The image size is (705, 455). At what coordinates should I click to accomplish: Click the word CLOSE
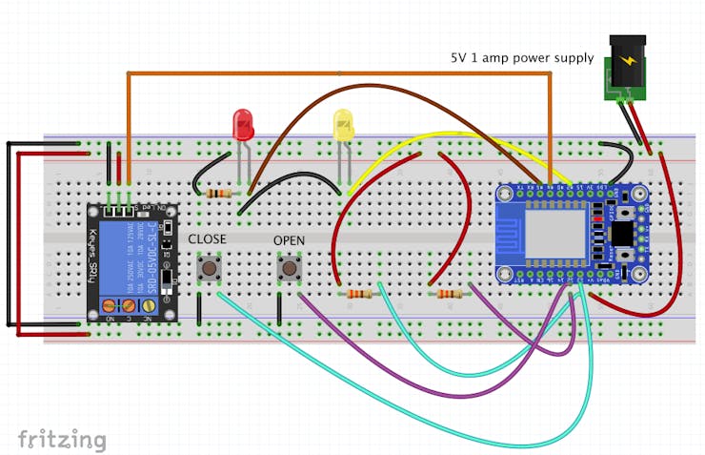[207, 238]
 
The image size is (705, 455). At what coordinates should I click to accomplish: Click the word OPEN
[289, 240]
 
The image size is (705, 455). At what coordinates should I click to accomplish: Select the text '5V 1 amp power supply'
[522, 58]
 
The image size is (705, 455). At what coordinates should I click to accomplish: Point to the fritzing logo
[61, 439]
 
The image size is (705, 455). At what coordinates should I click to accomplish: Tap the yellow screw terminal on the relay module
[149, 305]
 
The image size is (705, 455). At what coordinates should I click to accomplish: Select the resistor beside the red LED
[219, 193]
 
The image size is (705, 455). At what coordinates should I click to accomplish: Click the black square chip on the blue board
[621, 234]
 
